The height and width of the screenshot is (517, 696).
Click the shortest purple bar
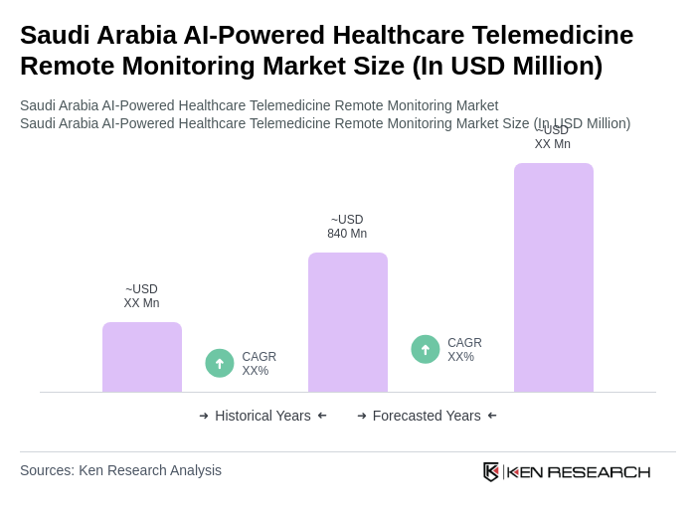click(x=142, y=357)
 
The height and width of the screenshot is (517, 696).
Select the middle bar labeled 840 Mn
click(x=348, y=322)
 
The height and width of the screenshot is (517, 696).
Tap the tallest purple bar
click(x=554, y=277)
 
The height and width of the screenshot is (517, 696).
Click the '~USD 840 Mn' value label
click(x=347, y=227)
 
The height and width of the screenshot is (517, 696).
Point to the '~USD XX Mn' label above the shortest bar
click(x=141, y=296)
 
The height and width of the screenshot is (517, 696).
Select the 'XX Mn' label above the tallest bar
click(x=553, y=144)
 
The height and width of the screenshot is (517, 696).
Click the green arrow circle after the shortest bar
click(x=220, y=363)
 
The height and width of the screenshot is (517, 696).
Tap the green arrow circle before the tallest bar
click(x=426, y=349)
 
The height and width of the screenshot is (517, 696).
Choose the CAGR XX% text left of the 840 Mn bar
click(x=259, y=364)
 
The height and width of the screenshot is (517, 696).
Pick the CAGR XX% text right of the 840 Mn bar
click(x=464, y=350)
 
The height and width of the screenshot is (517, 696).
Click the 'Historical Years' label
click(x=262, y=416)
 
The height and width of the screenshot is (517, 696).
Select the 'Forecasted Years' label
click(x=427, y=416)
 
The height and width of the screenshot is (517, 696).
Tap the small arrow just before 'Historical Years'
click(x=204, y=416)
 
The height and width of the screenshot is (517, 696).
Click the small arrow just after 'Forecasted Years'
click(x=492, y=416)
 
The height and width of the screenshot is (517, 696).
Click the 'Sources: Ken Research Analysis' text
click(x=120, y=470)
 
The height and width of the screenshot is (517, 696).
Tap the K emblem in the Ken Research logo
click(x=491, y=471)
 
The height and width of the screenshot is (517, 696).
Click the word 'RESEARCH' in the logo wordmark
click(x=599, y=471)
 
